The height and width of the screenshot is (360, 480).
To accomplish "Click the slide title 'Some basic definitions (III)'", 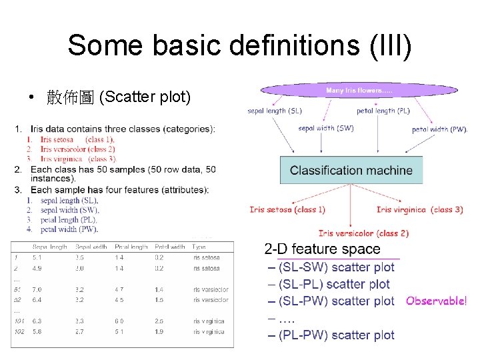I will pos(239,45).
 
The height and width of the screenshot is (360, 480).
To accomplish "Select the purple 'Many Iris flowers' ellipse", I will pos(359,90).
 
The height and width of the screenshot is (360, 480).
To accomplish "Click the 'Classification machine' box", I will pos(351,171).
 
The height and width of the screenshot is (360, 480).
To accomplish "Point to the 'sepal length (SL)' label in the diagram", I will pos(274,111).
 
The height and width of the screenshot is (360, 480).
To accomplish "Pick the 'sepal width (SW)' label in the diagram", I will pos(326,128).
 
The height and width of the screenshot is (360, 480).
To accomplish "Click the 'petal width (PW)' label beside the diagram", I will pos(439,129).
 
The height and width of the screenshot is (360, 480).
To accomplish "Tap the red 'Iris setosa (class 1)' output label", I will pos(287,209).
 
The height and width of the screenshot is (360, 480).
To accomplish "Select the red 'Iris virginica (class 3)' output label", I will pos(419,209).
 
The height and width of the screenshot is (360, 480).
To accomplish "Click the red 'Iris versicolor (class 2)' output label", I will pos(363,233).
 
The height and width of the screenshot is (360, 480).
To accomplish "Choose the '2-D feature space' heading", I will pos(323,249).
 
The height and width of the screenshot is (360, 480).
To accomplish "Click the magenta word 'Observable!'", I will pos(436,301).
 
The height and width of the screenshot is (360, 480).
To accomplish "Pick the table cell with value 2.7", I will pos(79,331).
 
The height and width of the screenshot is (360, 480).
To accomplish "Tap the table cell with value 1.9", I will pos(160,331).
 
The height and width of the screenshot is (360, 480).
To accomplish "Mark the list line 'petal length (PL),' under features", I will pos(68,220).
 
